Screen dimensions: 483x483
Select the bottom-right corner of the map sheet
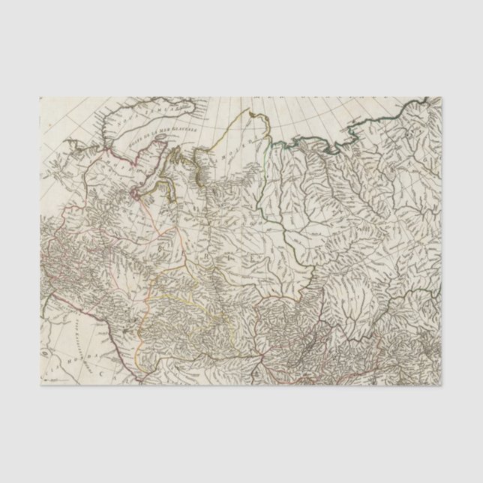pyautogui.click(x=442, y=385)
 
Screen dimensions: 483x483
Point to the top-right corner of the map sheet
pyautogui.click(x=442, y=97)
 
